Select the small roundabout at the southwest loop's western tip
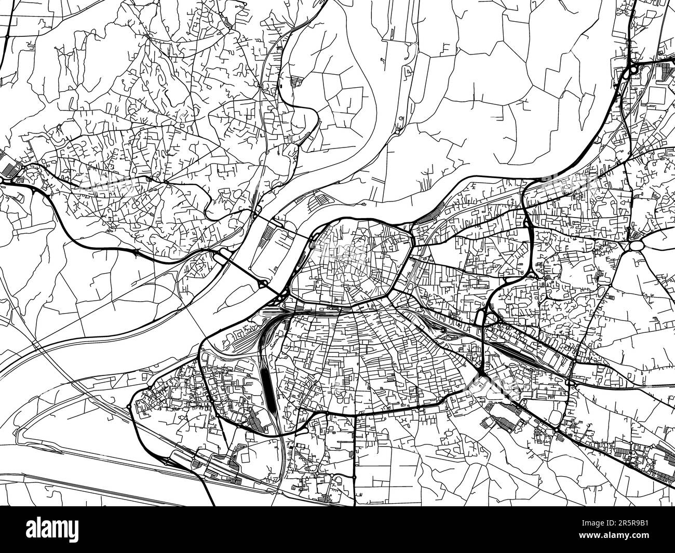(129, 406)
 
